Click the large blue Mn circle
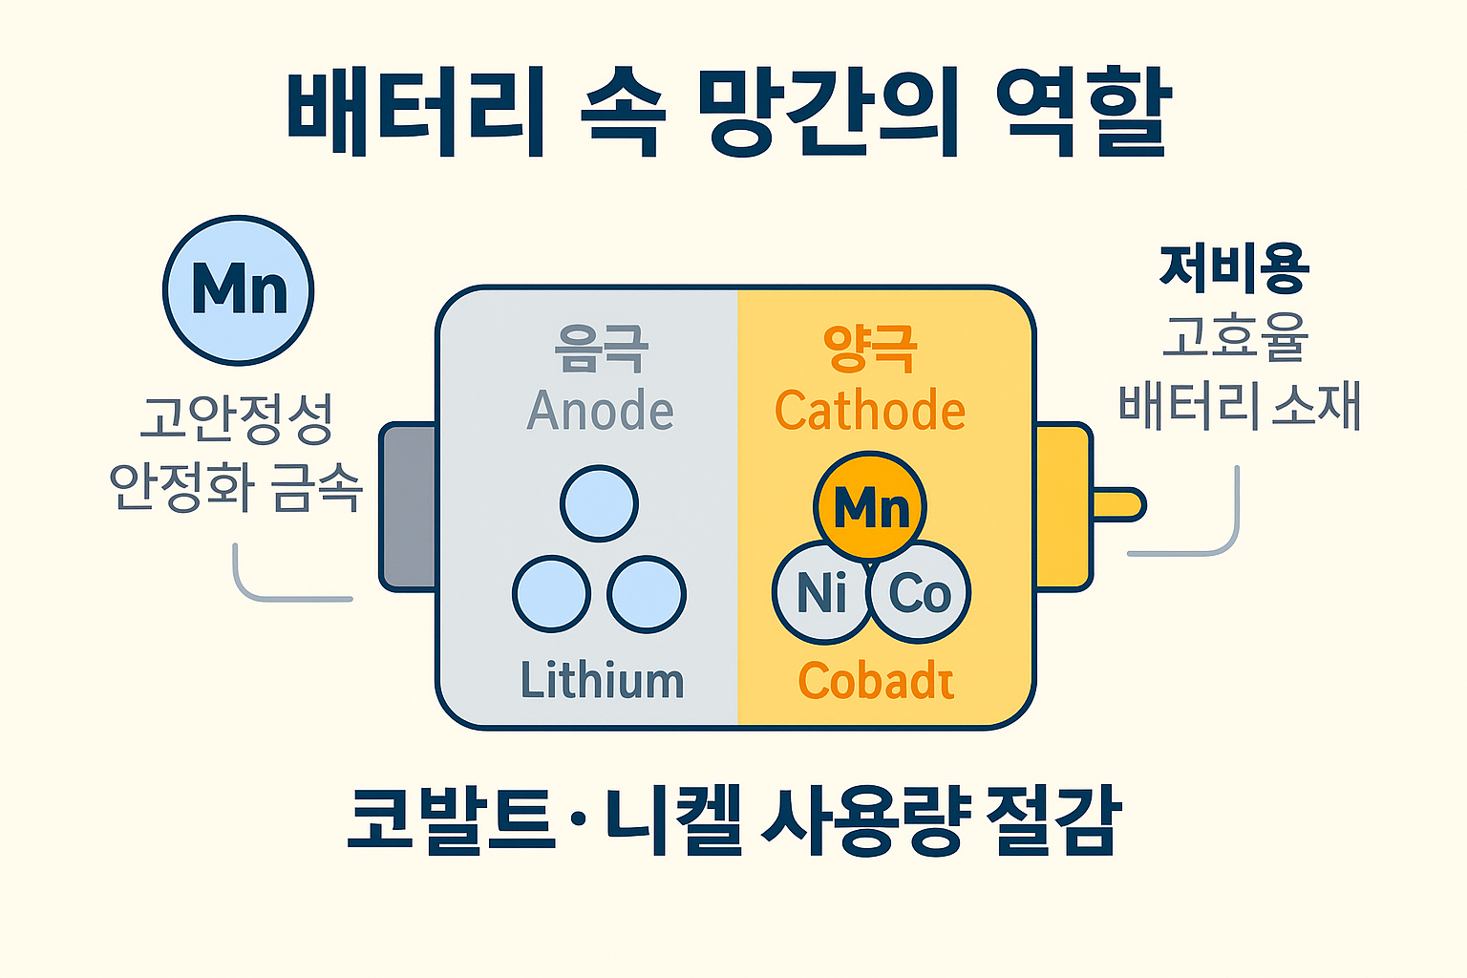pos(239,289)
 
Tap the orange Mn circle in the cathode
pos(870,506)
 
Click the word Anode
pos(601,411)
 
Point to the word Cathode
pos(870,411)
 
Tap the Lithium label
pos(602,681)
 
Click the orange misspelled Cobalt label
pos(876,681)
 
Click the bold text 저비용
pos(1234,268)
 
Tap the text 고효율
pos(1234,336)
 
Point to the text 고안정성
pos(236,418)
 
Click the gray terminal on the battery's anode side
pos(409,507)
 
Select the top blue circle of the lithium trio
pos(599,503)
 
